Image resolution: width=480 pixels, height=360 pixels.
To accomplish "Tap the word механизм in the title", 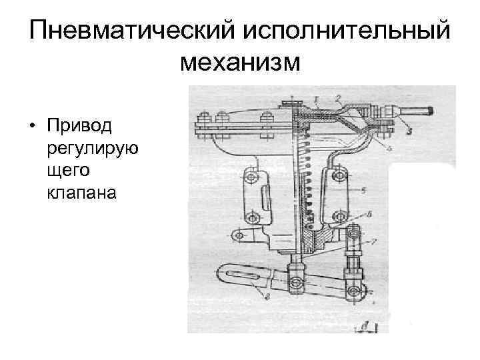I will coord(240,63).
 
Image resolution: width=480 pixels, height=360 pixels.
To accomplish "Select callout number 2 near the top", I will coord(338,98).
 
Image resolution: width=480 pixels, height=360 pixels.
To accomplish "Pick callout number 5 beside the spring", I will coord(381,191).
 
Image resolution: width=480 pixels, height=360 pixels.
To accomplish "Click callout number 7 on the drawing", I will coord(377,240).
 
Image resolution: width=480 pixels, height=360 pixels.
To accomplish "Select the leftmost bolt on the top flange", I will coord(201,123).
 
